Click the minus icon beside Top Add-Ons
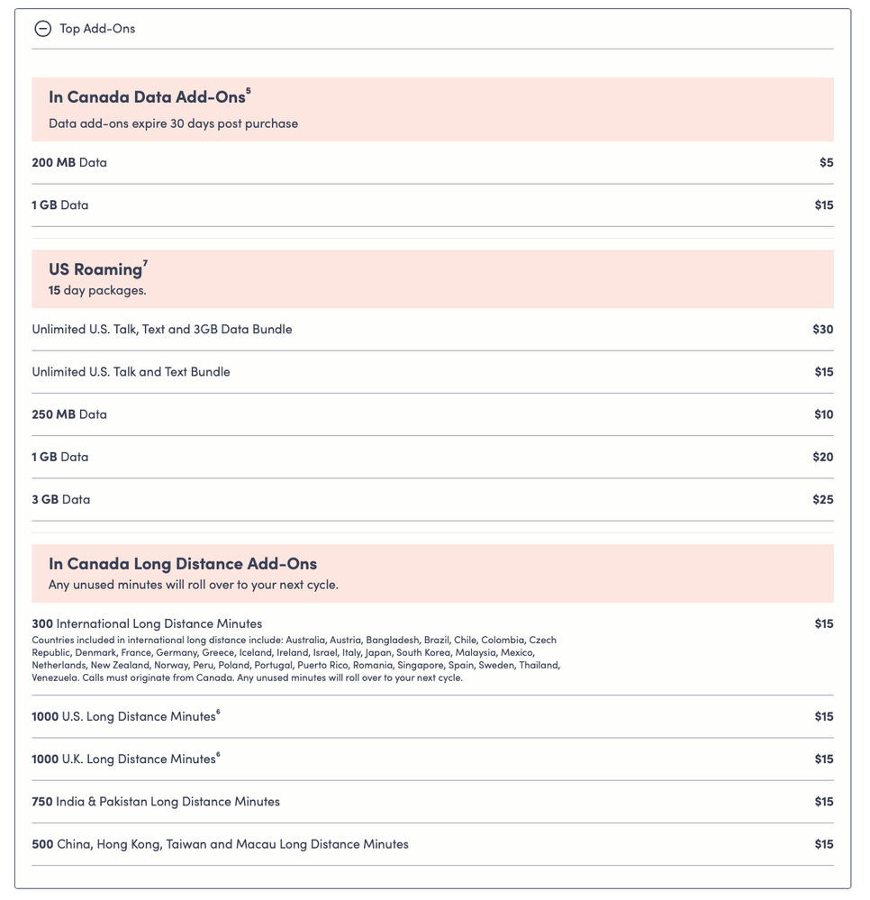[x=42, y=29]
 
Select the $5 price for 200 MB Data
[x=826, y=163]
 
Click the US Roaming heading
[x=95, y=269]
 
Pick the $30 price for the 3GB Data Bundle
[x=822, y=330]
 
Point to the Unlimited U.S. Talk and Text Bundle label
[x=131, y=372]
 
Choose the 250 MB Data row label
[x=69, y=414]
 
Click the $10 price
[x=823, y=414]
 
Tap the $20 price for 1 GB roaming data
[x=822, y=457]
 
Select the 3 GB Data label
[x=61, y=499]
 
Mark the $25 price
[x=822, y=499]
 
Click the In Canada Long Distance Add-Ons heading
[x=183, y=564]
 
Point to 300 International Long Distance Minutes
[x=147, y=623]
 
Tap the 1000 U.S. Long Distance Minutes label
[x=123, y=717]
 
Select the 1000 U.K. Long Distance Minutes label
[x=123, y=759]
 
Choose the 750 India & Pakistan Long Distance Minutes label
[x=156, y=802]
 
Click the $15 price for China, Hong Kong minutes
[x=823, y=844]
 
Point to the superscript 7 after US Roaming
[x=145, y=263]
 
